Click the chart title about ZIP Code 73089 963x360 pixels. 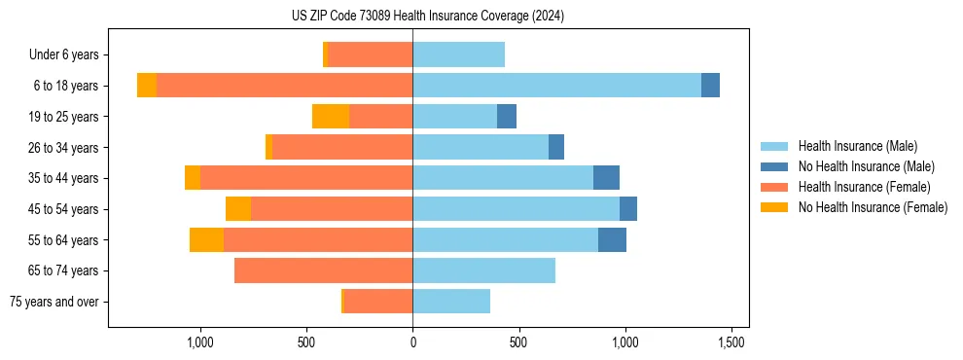pos(427,17)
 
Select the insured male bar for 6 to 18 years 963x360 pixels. pos(556,86)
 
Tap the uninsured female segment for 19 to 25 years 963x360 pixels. pos(331,117)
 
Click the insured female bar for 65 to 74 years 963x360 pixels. pos(323,270)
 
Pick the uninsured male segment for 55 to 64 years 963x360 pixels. pos(612,239)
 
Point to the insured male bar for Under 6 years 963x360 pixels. pos(458,54)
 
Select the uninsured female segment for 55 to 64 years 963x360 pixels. pos(206,239)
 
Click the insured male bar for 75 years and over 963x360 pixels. pos(451,302)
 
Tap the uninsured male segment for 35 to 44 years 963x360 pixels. pos(606,178)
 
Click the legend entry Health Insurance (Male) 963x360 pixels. pos(857,146)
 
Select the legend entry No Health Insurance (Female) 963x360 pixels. pos(873,207)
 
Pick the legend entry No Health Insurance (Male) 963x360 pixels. pos(866,166)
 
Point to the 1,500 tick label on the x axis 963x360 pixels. pos(731,342)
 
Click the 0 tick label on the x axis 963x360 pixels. pos(412,342)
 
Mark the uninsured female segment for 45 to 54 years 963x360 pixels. pos(238,209)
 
